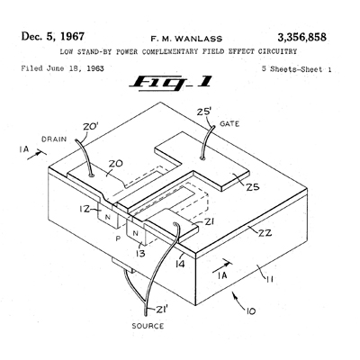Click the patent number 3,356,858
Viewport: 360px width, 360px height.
[301, 38]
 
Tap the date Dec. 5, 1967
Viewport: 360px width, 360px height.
[53, 36]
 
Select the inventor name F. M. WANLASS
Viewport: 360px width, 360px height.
[186, 39]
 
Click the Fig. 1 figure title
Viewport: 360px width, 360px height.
[171, 82]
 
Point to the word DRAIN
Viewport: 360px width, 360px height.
[54, 139]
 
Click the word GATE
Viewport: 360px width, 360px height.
[229, 123]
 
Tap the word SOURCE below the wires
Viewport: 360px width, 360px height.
[148, 326]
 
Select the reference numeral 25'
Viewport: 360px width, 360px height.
[204, 112]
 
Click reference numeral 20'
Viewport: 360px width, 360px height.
[91, 127]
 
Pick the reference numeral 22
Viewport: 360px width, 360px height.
[265, 232]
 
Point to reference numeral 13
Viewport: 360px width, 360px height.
[140, 253]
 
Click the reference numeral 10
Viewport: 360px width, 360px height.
[251, 311]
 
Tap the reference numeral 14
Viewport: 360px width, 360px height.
[180, 264]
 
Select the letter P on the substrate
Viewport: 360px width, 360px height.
[118, 238]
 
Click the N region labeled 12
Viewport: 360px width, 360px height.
[107, 218]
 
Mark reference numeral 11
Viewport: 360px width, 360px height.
[269, 279]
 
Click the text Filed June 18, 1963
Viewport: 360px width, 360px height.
[62, 68]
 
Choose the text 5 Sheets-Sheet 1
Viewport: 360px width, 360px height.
[297, 69]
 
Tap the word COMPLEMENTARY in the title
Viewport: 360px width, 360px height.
[170, 51]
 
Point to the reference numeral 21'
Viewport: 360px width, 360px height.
[162, 310]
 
